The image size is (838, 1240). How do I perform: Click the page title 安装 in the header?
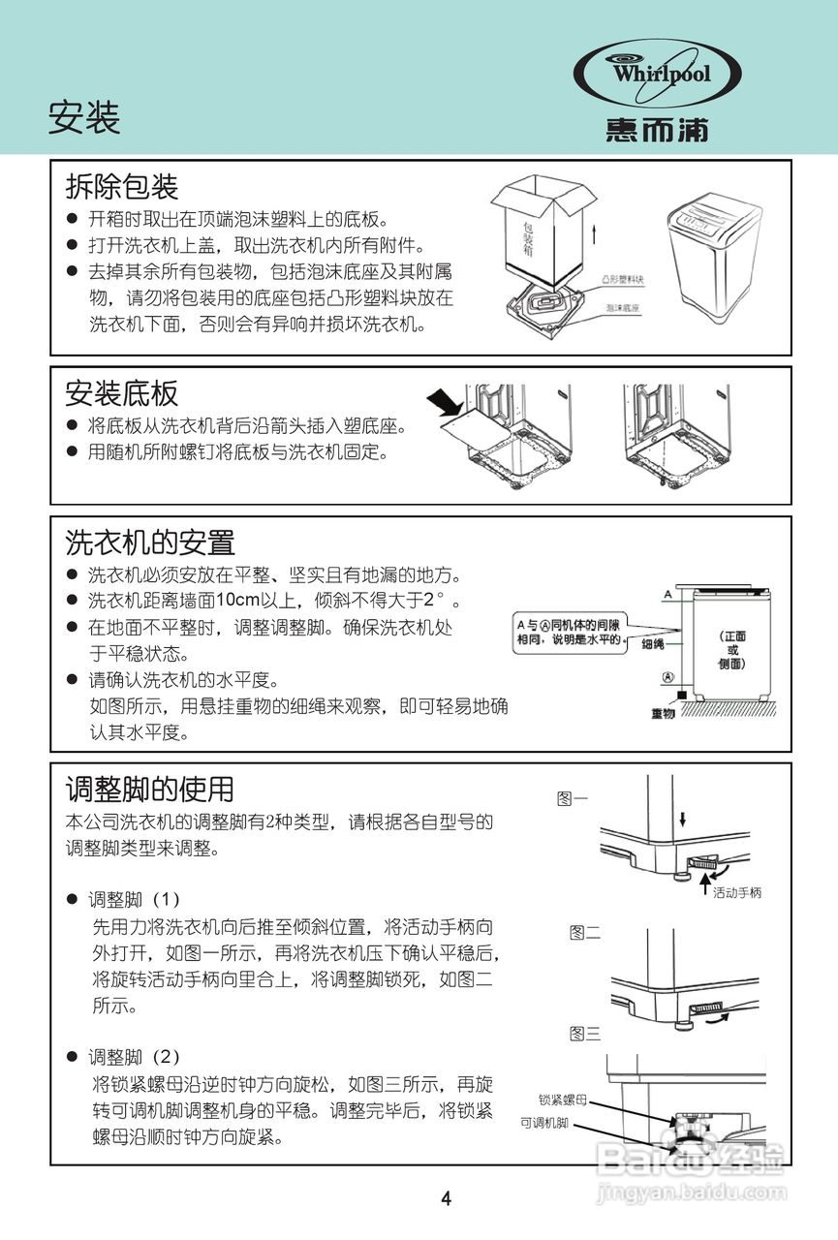[84, 118]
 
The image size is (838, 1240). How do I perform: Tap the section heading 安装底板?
[122, 392]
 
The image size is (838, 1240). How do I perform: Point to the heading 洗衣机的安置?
[150, 541]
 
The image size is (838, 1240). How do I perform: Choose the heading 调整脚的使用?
[149, 789]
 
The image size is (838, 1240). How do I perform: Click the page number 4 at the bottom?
[446, 1198]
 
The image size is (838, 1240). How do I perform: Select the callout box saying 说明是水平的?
[569, 633]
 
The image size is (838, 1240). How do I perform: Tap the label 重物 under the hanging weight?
[663, 713]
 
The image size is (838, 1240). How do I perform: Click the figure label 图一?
[573, 799]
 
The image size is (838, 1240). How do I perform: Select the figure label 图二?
[584, 933]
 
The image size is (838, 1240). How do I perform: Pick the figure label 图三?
[584, 1033]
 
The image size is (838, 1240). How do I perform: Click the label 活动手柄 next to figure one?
[737, 892]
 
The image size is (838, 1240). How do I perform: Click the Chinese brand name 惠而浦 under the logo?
[658, 130]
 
